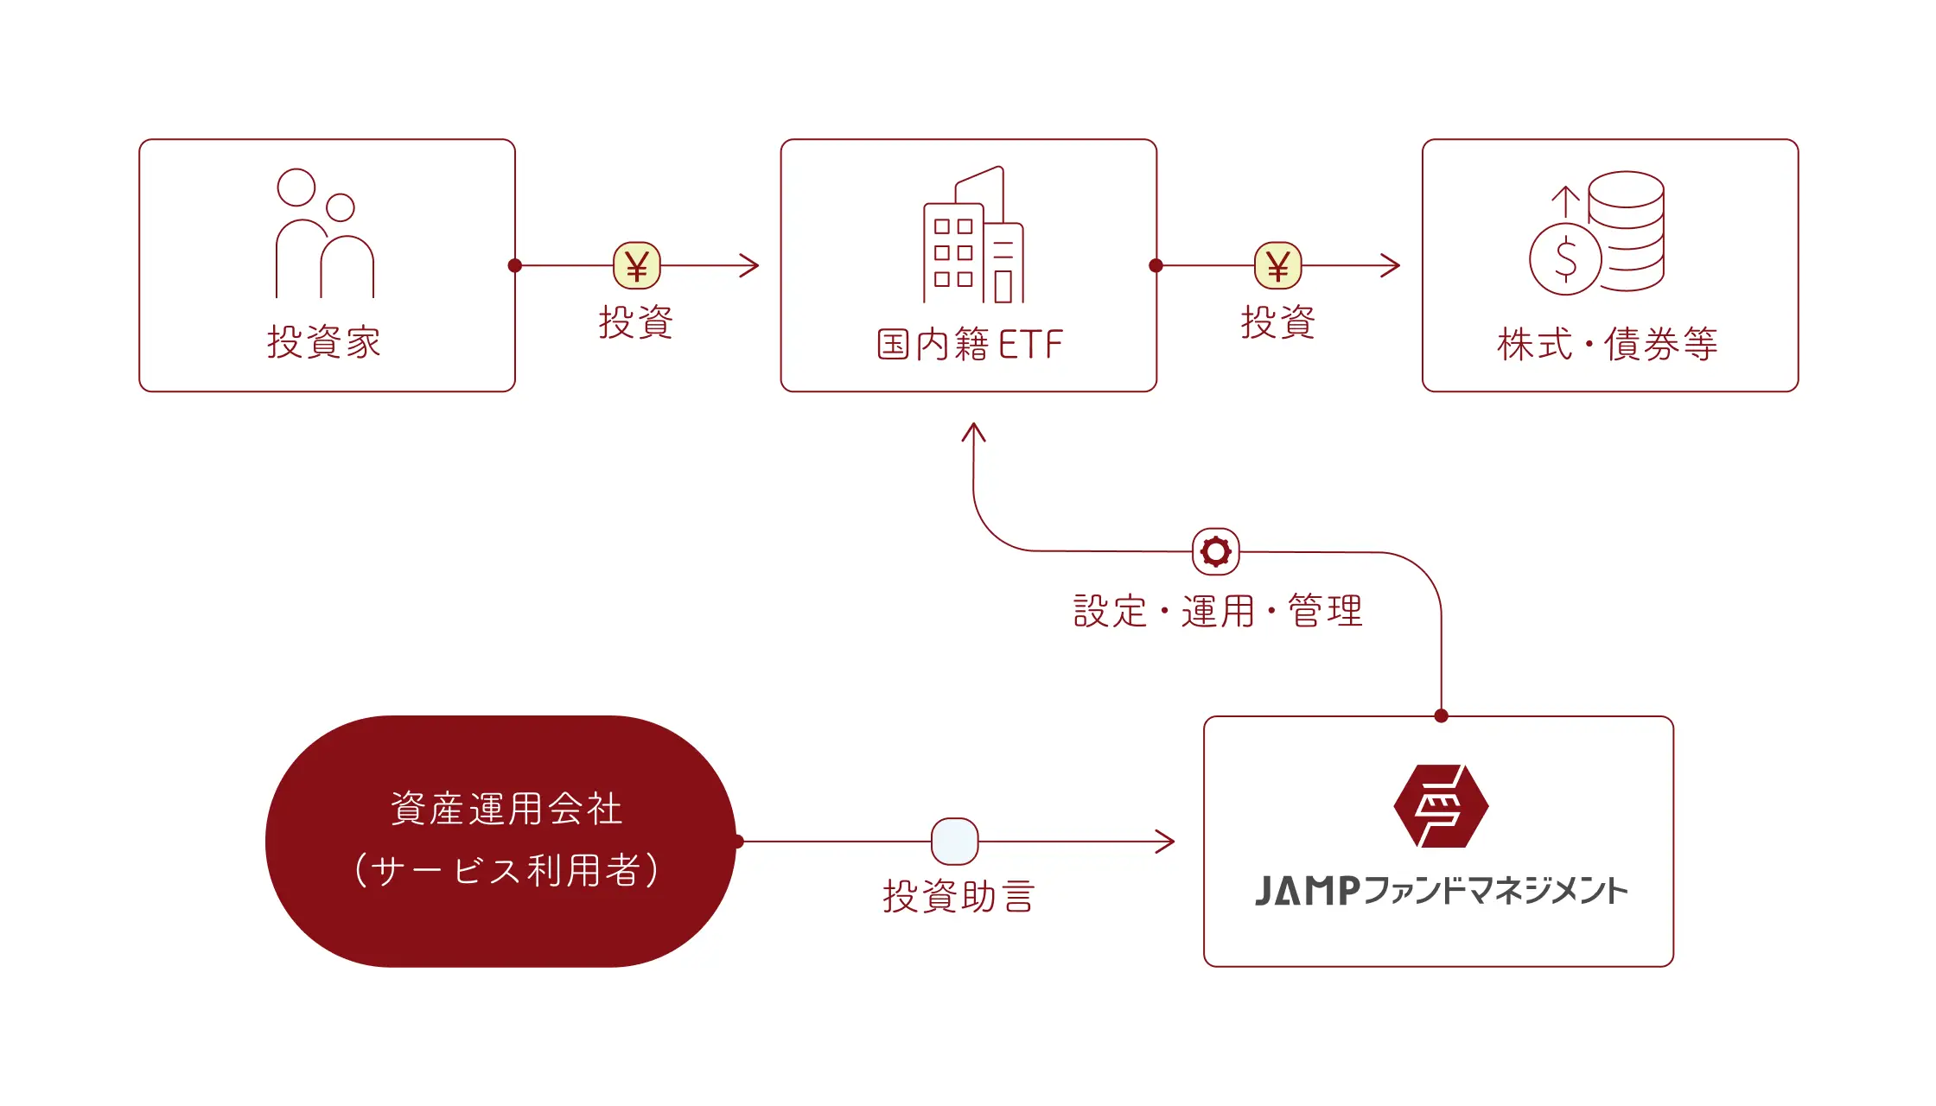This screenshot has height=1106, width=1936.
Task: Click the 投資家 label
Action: pyautogui.click(x=324, y=342)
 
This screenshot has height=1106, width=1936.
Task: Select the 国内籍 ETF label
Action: pyautogui.click(x=969, y=344)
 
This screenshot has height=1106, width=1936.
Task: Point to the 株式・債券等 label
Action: pyautogui.click(x=1608, y=344)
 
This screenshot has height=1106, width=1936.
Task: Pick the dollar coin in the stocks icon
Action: pyautogui.click(x=1565, y=258)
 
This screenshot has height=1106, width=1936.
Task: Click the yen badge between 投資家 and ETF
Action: pyautogui.click(x=637, y=265)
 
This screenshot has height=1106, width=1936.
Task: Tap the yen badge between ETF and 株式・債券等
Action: pyautogui.click(x=1278, y=265)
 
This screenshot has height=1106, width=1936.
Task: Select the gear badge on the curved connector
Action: pyautogui.click(x=1216, y=551)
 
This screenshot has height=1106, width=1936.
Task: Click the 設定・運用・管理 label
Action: pyautogui.click(x=1218, y=611)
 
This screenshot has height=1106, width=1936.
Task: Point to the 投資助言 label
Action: pyautogui.click(x=958, y=896)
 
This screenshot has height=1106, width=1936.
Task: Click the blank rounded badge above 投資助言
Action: pyautogui.click(x=955, y=841)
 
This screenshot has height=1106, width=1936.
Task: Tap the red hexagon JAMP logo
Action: pyautogui.click(x=1441, y=805)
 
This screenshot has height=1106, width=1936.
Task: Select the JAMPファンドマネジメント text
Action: pyautogui.click(x=1441, y=891)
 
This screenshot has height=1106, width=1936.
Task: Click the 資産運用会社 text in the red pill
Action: pyautogui.click(x=506, y=809)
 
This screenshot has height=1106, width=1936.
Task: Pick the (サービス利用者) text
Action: pyautogui.click(x=506, y=870)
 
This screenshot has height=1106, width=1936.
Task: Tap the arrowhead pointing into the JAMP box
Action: pyautogui.click(x=1167, y=841)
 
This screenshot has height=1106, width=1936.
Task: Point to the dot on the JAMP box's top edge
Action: pyautogui.click(x=1441, y=715)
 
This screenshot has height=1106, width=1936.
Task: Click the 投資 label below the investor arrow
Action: pyautogui.click(x=636, y=322)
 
